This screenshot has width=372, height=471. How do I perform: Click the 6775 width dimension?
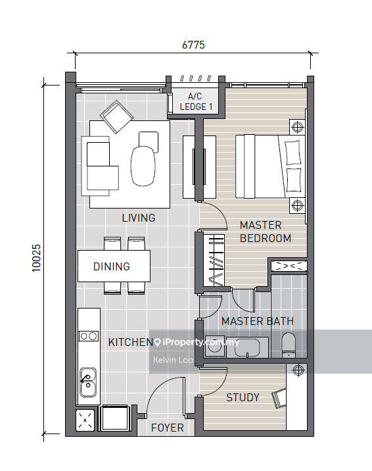pyautogui.click(x=193, y=45)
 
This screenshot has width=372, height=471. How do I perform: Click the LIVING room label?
pyautogui.click(x=139, y=218)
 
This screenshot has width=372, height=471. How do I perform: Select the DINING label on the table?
pyautogui.click(x=111, y=266)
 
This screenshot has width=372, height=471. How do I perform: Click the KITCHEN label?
pyautogui.click(x=130, y=342)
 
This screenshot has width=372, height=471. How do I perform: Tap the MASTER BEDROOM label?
pyautogui.click(x=265, y=231)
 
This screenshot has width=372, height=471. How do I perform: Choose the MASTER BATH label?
pyautogui.click(x=257, y=321)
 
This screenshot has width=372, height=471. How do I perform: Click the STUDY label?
pyautogui.click(x=243, y=397)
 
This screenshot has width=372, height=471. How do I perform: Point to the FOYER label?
pyautogui.click(x=167, y=428)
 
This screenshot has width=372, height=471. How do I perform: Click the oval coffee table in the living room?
pyautogui.click(x=143, y=166)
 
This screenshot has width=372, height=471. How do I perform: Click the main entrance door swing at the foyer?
pyautogui.click(x=164, y=395)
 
